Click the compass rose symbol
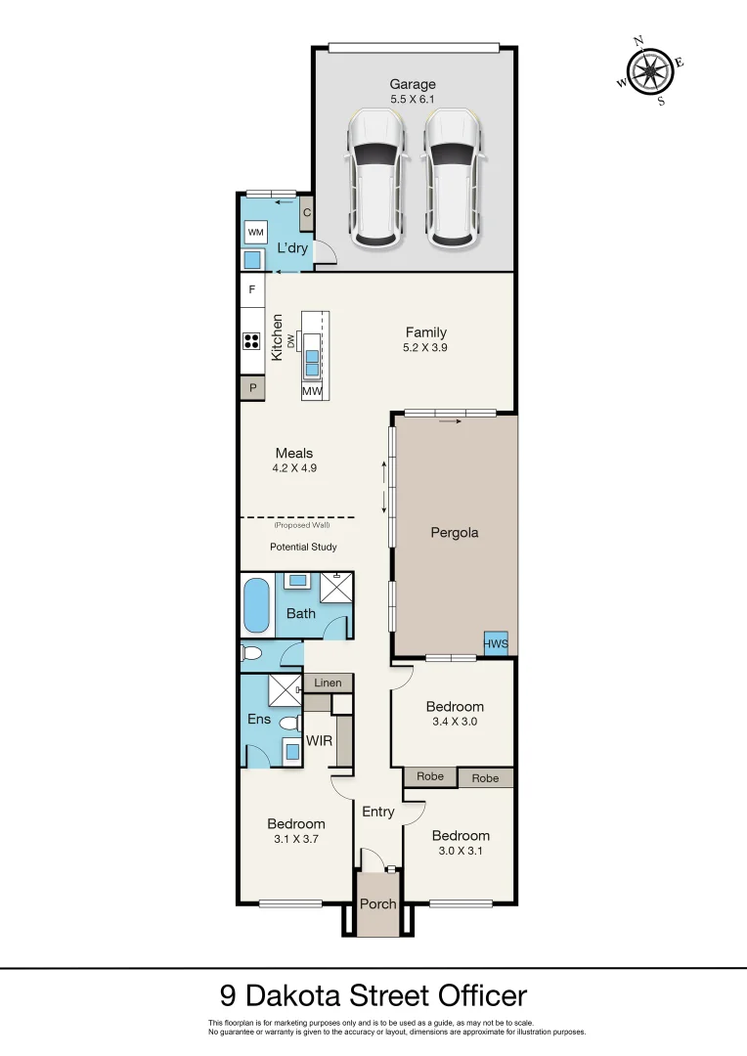click(x=649, y=70)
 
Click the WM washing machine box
click(x=256, y=232)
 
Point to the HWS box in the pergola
click(x=496, y=642)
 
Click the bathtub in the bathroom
click(x=256, y=606)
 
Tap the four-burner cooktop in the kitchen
click(x=252, y=341)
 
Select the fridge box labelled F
click(x=252, y=290)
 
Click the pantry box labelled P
click(x=252, y=388)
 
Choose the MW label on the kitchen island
click(x=313, y=391)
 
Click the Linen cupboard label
click(x=328, y=683)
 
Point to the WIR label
click(x=320, y=741)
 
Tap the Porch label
click(x=377, y=903)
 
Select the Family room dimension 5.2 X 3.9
click(x=425, y=348)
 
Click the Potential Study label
click(x=303, y=547)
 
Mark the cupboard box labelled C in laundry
click(x=306, y=212)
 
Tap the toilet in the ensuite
click(x=288, y=724)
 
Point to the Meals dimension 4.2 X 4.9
click(x=294, y=468)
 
